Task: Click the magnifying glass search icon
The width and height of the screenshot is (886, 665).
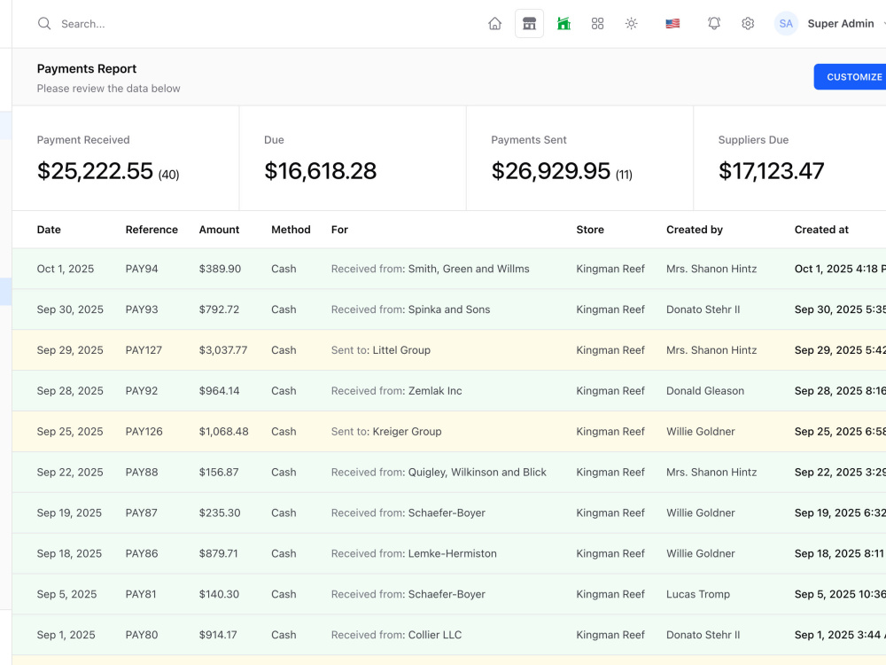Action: [44, 23]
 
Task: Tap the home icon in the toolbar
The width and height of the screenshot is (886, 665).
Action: [495, 23]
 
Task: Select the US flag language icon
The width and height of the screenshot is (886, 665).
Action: [672, 23]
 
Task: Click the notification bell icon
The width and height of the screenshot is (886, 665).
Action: [714, 23]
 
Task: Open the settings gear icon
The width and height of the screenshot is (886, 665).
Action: [748, 23]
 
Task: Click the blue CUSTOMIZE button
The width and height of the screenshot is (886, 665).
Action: [850, 77]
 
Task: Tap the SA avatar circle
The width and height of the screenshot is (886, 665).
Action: [785, 23]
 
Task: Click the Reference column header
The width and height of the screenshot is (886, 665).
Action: [152, 230]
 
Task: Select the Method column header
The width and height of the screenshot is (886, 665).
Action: [291, 230]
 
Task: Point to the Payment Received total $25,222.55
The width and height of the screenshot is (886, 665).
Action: [95, 171]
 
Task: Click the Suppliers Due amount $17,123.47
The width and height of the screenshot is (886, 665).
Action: [772, 171]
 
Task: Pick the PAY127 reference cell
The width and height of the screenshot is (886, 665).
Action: [144, 350]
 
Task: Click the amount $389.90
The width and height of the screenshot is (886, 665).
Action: [220, 269]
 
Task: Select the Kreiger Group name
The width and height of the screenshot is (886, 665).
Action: [407, 432]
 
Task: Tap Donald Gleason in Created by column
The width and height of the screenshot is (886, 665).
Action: [705, 391]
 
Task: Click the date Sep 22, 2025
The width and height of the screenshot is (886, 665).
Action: [70, 473]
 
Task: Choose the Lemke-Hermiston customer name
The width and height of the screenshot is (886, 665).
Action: [452, 553]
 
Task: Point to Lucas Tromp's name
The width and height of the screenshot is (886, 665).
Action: [698, 594]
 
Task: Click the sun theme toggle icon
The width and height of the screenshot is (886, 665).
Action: [631, 23]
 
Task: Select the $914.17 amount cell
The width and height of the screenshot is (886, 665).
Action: [218, 635]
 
